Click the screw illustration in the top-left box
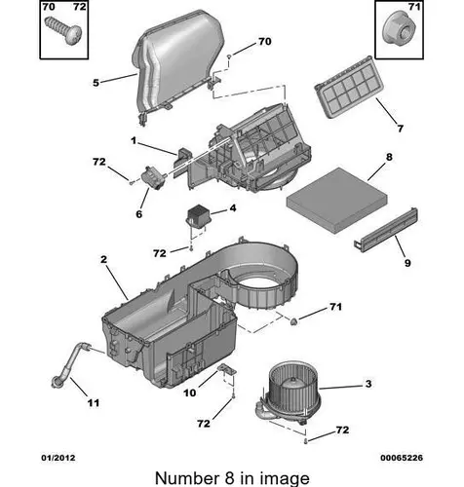(63, 30)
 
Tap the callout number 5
(96, 83)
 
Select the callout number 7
(401, 129)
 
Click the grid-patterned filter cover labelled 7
(349, 86)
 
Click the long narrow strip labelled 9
(386, 230)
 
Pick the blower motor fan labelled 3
(290, 393)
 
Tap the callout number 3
(368, 384)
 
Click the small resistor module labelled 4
(198, 216)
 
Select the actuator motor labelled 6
(153, 177)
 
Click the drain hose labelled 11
(70, 364)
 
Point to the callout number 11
(94, 403)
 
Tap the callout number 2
(103, 259)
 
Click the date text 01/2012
(58, 458)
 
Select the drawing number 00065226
(402, 458)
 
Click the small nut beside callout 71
(293, 321)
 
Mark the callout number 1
(134, 140)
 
